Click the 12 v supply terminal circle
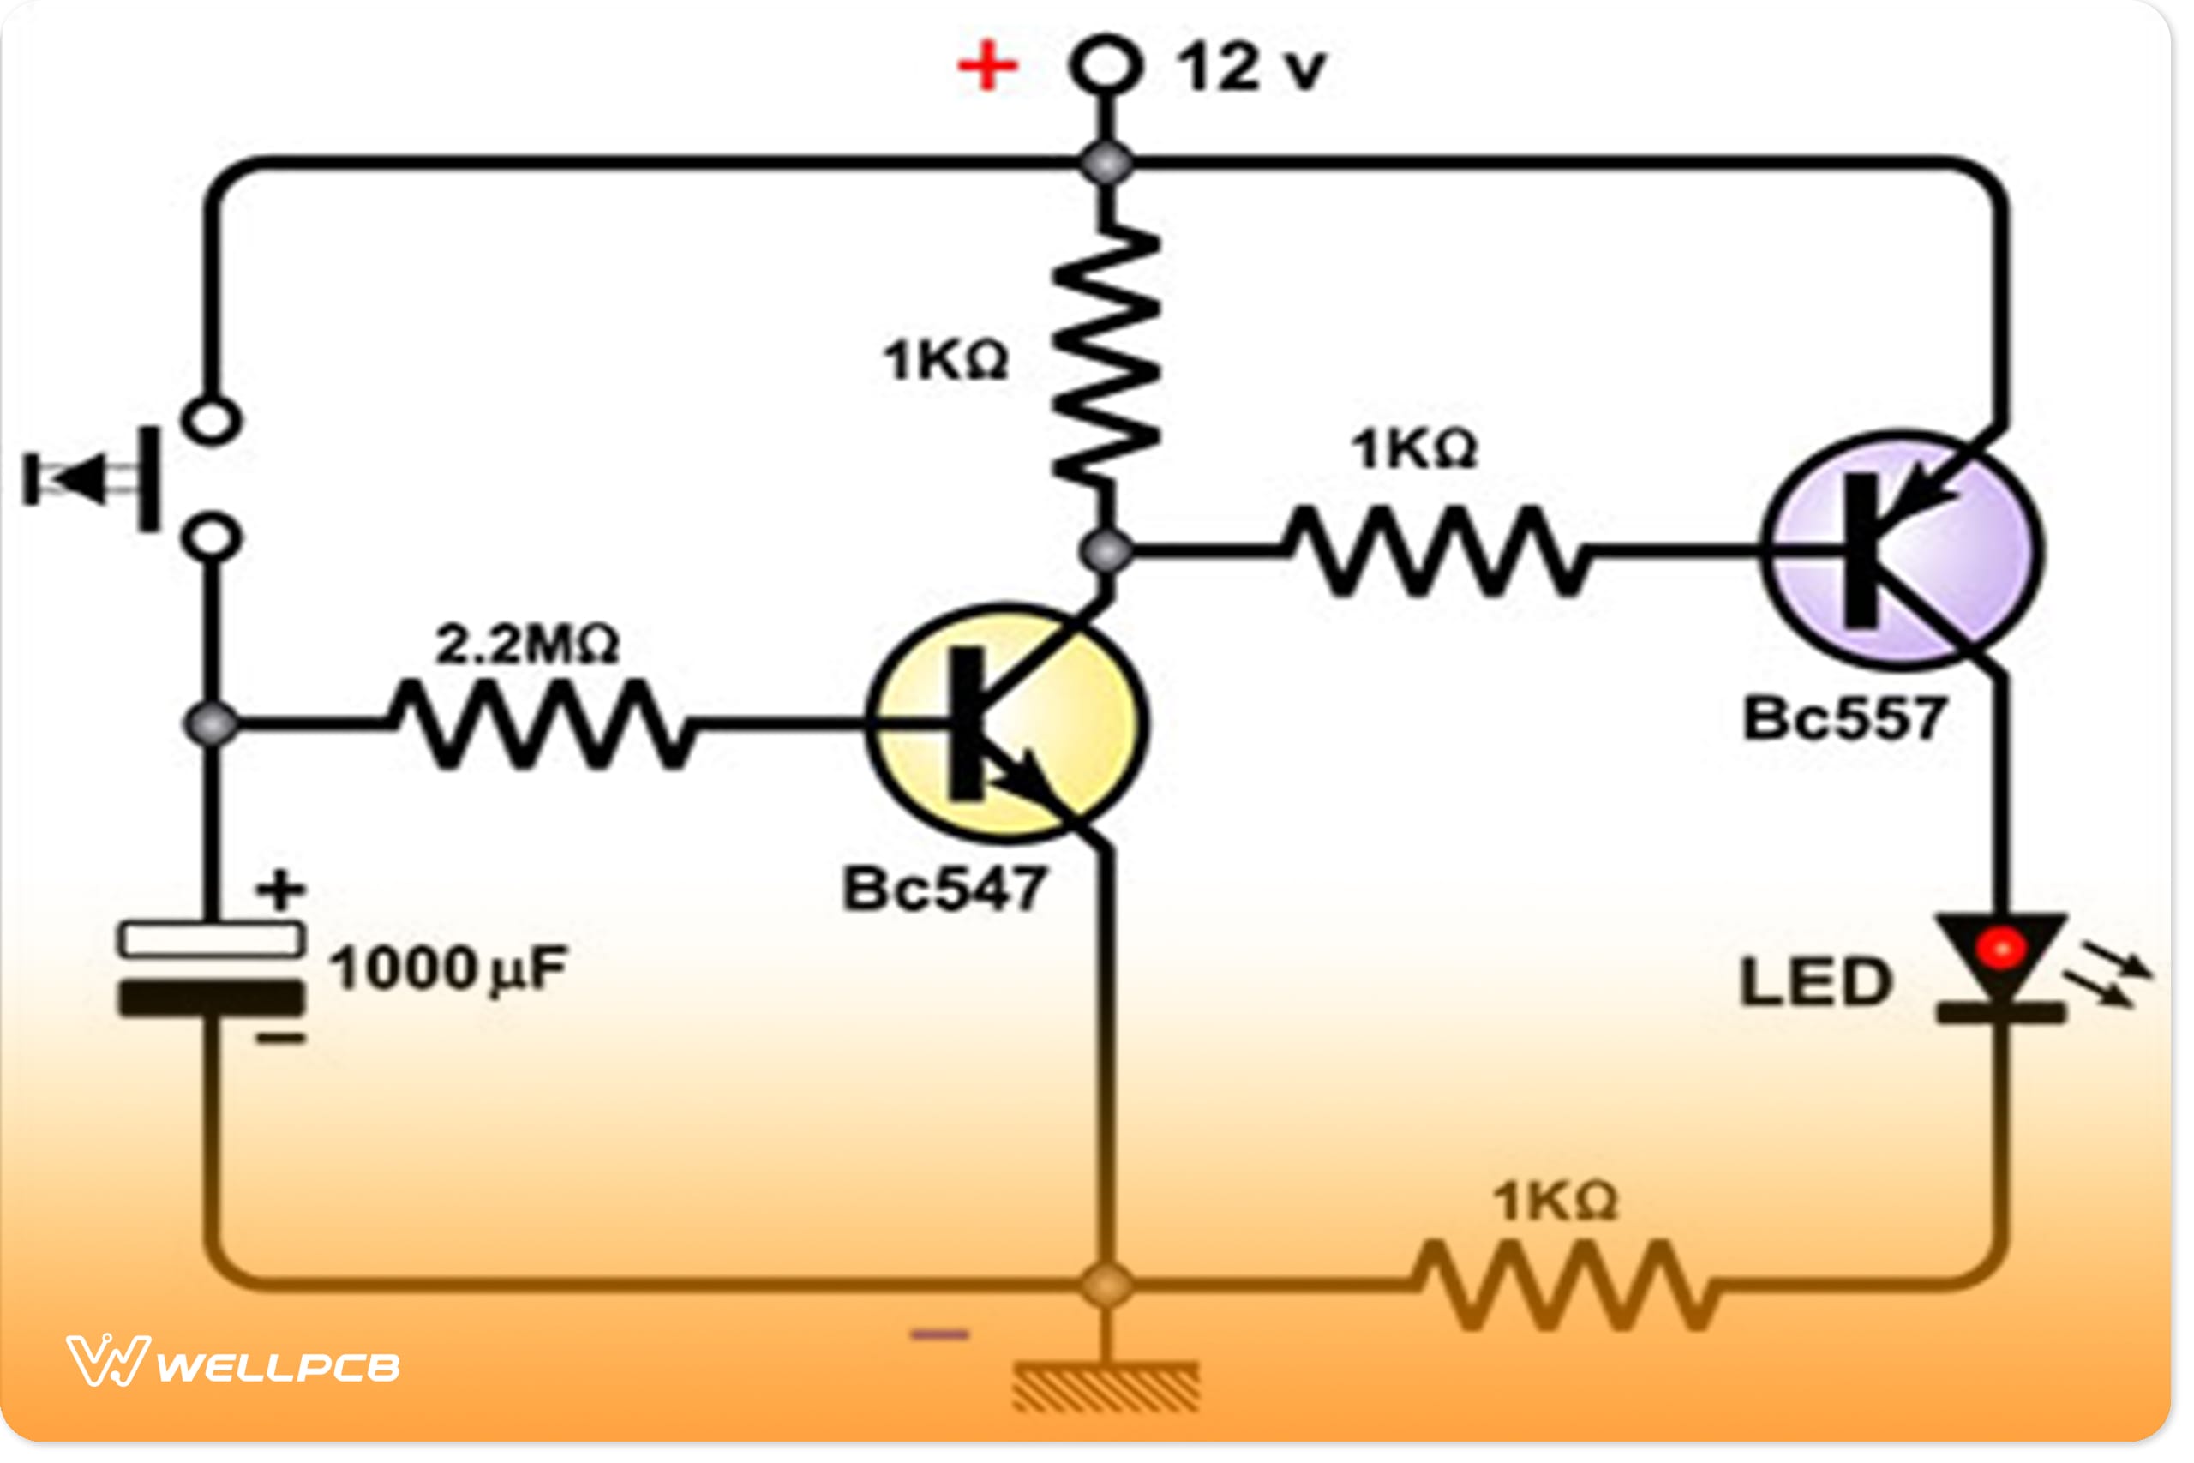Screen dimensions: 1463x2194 click(1106, 65)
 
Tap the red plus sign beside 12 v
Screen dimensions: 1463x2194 click(987, 66)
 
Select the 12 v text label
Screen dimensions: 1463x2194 click(1251, 68)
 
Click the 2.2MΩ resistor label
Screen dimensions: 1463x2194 click(527, 645)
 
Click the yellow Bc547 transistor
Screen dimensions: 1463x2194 click(1008, 723)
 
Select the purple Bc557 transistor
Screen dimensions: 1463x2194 click(1903, 550)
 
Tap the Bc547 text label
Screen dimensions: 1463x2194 click(944, 888)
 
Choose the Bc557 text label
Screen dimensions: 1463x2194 click(1844, 718)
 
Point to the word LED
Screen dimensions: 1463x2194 click(1815, 981)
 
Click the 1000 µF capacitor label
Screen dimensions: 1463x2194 click(447, 968)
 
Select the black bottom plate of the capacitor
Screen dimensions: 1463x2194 click(212, 998)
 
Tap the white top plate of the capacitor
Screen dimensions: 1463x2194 click(212, 938)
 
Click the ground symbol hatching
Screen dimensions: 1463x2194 click(1106, 1387)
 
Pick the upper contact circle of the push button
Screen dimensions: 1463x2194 click(212, 421)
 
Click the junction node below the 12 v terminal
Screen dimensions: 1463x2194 click(1106, 164)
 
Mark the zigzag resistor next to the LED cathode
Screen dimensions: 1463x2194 click(1565, 1285)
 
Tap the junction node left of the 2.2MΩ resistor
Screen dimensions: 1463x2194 click(212, 724)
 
